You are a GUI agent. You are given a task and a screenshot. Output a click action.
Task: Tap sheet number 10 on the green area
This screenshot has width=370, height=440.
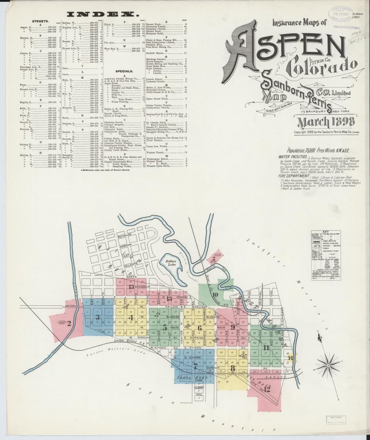[215, 294]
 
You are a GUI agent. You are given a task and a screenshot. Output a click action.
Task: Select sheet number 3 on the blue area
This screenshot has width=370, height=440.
[97, 318]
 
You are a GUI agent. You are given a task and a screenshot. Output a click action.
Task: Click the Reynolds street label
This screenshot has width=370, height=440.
[124, 237]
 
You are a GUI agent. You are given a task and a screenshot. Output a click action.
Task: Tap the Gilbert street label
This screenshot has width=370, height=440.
[199, 387]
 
